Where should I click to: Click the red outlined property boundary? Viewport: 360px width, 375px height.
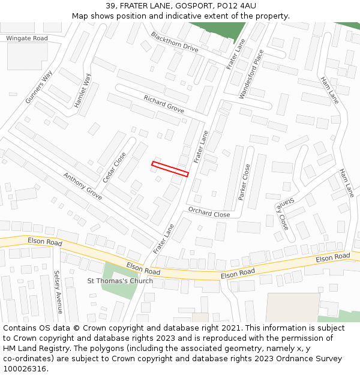(x=170, y=169)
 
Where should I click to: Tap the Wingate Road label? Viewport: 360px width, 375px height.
(x=26, y=38)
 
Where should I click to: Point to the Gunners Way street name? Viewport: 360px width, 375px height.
(x=39, y=87)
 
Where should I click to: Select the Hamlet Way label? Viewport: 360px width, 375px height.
(x=82, y=91)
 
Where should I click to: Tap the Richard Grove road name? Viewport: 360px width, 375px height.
(x=163, y=104)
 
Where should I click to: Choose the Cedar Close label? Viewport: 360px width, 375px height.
(x=114, y=167)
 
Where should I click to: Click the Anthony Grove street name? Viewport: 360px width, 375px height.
(x=82, y=186)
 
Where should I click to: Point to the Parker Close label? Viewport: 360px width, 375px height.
(x=244, y=182)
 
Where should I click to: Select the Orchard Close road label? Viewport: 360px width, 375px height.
(x=209, y=212)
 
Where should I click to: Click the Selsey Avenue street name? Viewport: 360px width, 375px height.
(x=58, y=292)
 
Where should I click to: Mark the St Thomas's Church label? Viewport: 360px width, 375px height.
(x=120, y=281)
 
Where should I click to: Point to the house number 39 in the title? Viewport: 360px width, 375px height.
(x=110, y=6)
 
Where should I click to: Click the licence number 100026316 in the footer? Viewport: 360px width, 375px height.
(x=25, y=368)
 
